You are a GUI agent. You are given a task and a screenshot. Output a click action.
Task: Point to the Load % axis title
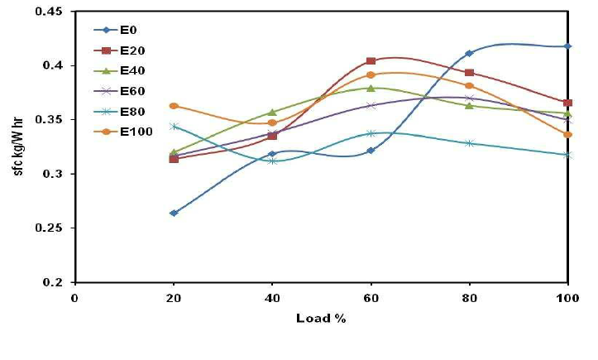(x=321, y=318)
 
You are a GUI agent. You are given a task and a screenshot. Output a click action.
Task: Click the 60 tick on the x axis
(x=371, y=298)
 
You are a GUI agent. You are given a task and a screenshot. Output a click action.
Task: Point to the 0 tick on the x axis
(x=74, y=298)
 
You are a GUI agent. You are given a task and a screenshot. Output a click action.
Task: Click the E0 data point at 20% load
(x=174, y=213)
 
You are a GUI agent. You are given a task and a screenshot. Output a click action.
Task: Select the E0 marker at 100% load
(x=567, y=46)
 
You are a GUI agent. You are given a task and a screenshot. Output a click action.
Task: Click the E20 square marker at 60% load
(x=371, y=61)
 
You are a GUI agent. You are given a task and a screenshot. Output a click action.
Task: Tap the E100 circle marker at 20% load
(x=174, y=106)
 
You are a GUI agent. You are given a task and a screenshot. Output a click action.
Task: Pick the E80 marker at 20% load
(x=174, y=127)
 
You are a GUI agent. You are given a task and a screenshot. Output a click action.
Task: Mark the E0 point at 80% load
(x=469, y=53)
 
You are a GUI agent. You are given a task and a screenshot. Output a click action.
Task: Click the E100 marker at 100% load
(x=567, y=134)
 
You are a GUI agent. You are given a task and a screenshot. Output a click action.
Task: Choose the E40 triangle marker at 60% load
(x=371, y=88)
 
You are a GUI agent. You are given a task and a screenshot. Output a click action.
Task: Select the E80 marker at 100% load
(x=567, y=154)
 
